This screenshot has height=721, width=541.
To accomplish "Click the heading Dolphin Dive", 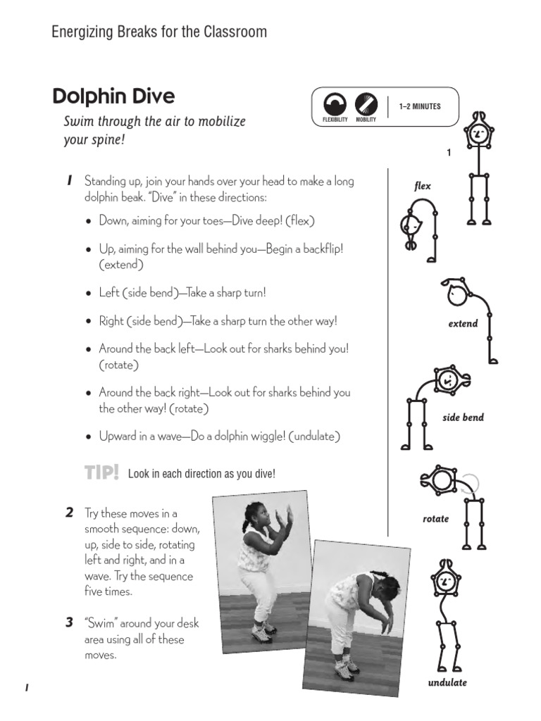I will (113, 96).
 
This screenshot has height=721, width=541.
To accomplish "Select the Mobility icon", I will (366, 105).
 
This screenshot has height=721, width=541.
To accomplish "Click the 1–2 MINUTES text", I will (419, 107).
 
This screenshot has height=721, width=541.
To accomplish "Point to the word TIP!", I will (102, 473).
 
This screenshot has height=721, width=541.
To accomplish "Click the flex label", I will (423, 187).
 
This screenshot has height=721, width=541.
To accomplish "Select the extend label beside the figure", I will (463, 324).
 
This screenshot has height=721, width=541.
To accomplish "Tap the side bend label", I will (463, 418).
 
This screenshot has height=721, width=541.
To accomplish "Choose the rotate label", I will (435, 519).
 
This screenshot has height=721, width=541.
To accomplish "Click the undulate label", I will (447, 682).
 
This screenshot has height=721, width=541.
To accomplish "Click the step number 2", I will (69, 513).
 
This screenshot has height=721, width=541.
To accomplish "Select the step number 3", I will (69, 622).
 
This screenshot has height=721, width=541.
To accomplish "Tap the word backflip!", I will (318, 249).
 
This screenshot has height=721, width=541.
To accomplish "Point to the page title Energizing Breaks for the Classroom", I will (159, 32).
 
